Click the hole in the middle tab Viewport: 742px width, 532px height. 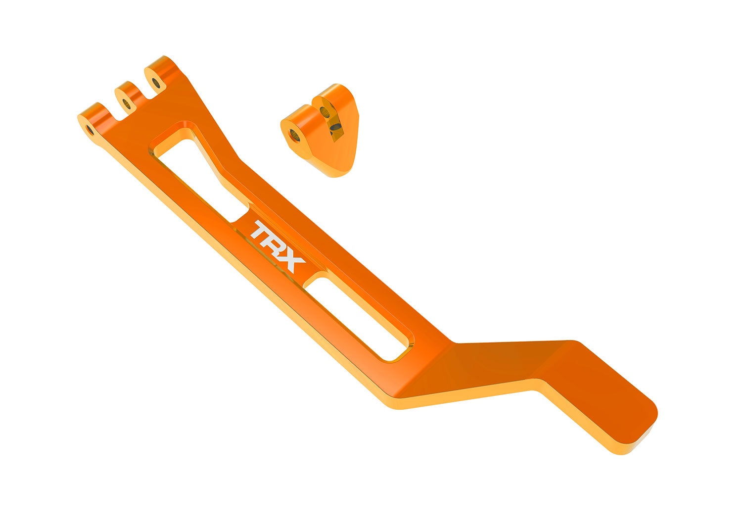[126, 104]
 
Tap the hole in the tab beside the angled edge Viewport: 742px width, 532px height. [156, 82]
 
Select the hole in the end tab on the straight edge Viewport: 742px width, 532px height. [90, 130]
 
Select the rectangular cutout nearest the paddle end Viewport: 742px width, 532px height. [361, 317]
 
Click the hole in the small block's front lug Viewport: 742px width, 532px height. [295, 135]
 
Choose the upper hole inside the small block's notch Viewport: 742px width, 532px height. [325, 112]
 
